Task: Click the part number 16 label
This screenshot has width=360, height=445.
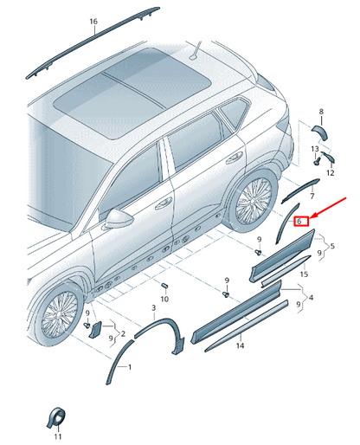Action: [x=93, y=22]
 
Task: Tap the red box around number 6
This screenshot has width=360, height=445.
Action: [x=301, y=222]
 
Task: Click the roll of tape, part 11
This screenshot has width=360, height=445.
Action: [x=56, y=417]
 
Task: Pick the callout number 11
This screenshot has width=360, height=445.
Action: [x=58, y=436]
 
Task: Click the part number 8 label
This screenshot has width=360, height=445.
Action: [x=321, y=112]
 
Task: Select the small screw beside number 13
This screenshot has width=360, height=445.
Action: [x=317, y=161]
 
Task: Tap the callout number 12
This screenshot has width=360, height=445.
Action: [x=331, y=173]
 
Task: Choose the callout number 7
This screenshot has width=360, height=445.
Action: [x=312, y=197]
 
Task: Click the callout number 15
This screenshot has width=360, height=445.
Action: [x=304, y=274]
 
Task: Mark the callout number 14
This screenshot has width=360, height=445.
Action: [x=240, y=345]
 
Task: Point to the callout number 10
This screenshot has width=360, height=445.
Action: [x=164, y=299]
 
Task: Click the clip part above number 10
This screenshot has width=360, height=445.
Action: [x=164, y=286]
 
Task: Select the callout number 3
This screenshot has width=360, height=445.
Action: [x=154, y=308]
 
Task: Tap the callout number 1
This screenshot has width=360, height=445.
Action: [x=130, y=367]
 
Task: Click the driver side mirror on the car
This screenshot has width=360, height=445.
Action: [x=119, y=219]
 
